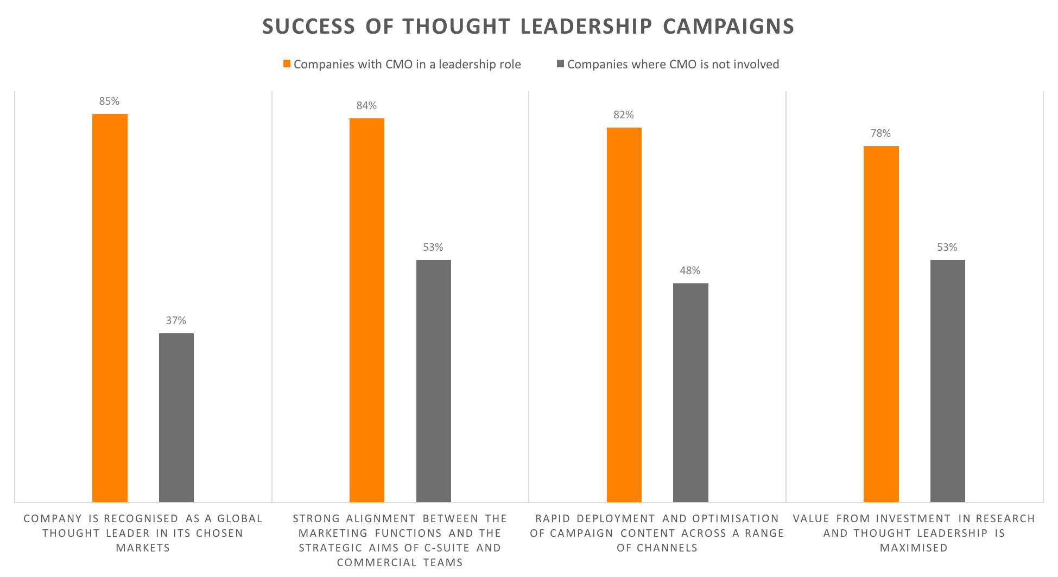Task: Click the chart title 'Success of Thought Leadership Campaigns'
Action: click(528, 27)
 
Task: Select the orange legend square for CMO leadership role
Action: click(287, 64)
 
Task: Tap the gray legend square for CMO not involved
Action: click(561, 64)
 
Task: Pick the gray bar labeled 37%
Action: click(176, 417)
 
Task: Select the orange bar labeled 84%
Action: click(367, 310)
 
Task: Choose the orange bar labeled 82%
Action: click(624, 315)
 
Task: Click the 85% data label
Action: click(109, 102)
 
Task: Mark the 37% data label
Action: click(176, 321)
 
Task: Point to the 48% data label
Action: click(690, 271)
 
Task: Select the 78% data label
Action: click(880, 134)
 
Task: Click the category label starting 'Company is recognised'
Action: click(143, 533)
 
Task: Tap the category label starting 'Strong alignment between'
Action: click(400, 540)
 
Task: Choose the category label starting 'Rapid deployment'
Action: click(657, 533)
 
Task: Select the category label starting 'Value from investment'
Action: click(914, 533)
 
